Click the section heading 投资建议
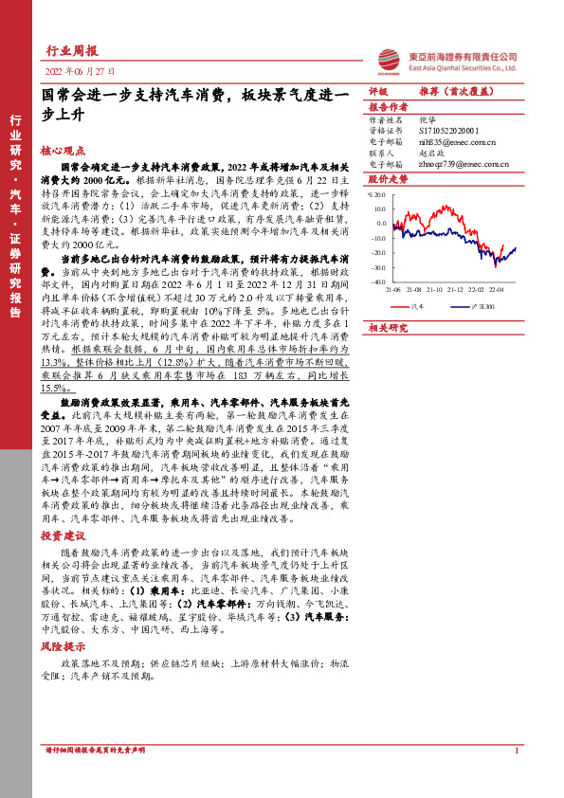tap(63, 535)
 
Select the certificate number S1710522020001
tap(449, 131)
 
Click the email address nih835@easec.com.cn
tap(457, 141)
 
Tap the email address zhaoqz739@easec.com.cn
tap(464, 163)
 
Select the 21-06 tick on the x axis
tap(393, 290)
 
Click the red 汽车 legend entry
tap(416, 307)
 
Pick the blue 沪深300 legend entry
tap(479, 307)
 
